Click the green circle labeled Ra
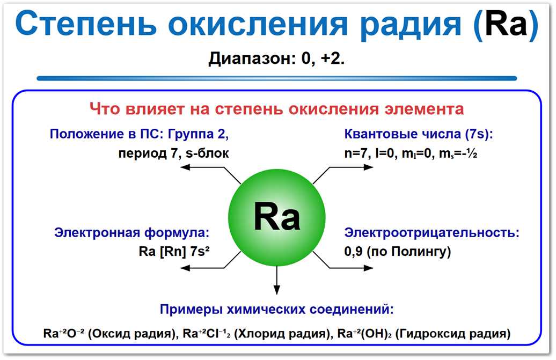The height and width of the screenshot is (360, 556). [276, 218]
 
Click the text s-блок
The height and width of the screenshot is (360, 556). [207, 153]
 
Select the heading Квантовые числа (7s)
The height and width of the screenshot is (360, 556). [418, 134]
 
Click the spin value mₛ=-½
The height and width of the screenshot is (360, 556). [457, 153]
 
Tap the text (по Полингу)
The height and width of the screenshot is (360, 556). [409, 252]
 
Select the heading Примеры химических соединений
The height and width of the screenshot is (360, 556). [276, 310]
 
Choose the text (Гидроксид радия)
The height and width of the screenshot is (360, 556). [452, 333]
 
